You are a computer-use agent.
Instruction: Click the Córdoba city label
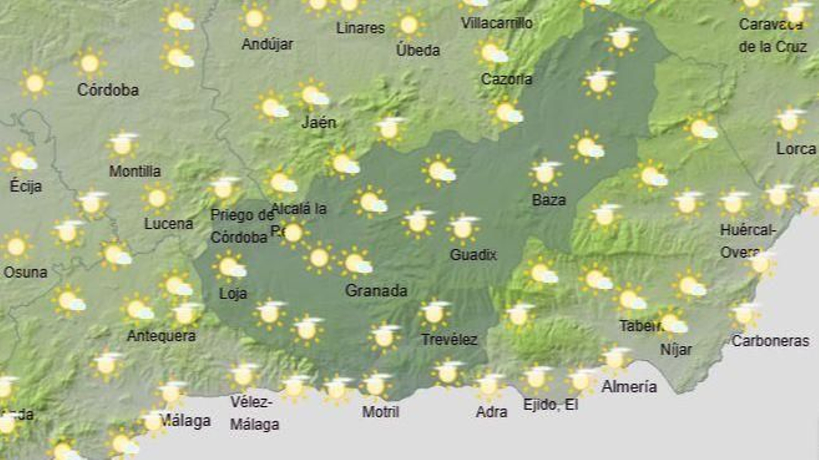click(x=108, y=90)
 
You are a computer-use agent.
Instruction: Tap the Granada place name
click(x=376, y=291)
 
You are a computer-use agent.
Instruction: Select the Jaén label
click(x=319, y=122)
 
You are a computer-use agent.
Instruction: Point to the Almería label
click(x=629, y=386)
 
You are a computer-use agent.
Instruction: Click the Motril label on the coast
click(x=380, y=411)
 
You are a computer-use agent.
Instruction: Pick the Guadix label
click(x=473, y=254)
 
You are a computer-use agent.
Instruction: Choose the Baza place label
click(x=549, y=200)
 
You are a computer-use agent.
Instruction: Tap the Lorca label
click(x=796, y=149)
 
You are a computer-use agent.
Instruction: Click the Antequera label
click(x=161, y=336)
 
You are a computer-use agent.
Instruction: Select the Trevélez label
click(x=449, y=339)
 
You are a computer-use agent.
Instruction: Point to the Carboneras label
click(x=770, y=341)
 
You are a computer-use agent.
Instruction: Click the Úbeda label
click(x=418, y=50)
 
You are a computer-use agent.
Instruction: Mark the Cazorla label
click(x=506, y=79)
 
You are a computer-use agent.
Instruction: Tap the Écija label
click(x=26, y=186)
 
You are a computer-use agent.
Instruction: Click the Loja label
click(x=233, y=294)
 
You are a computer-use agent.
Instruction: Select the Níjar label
click(x=676, y=349)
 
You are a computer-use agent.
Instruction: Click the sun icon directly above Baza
click(x=545, y=173)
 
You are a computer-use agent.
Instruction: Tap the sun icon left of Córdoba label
click(x=35, y=82)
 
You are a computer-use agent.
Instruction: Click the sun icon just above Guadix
click(x=463, y=228)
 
